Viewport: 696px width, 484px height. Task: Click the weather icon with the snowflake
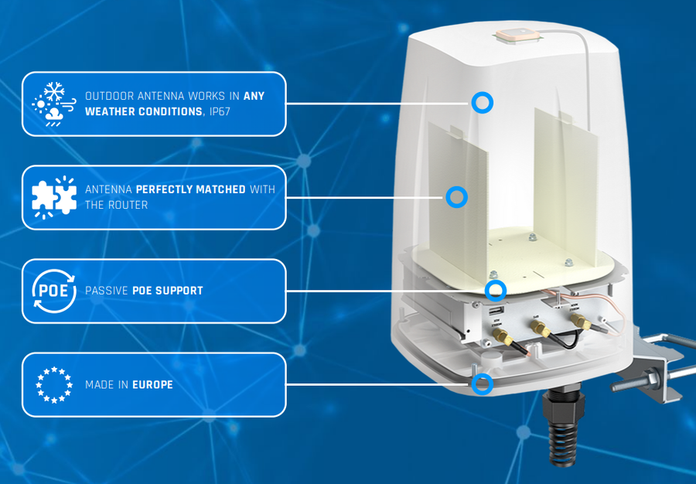pyautogui.click(x=53, y=104)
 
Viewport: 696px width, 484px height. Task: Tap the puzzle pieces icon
pyautogui.click(x=54, y=197)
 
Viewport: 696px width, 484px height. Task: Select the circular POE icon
pyautogui.click(x=54, y=291)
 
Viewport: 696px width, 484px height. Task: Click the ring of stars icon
pyautogui.click(x=54, y=384)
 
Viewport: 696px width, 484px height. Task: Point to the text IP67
pyautogui.click(x=220, y=111)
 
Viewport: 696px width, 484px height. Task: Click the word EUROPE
pyautogui.click(x=152, y=384)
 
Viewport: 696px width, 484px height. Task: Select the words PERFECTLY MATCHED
pyautogui.click(x=190, y=189)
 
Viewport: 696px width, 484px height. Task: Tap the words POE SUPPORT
pyautogui.click(x=168, y=291)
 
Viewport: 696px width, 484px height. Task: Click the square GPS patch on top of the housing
pyautogui.click(x=518, y=35)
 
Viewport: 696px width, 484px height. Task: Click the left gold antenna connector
pyautogui.click(x=502, y=337)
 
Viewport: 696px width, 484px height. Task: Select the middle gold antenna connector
pyautogui.click(x=539, y=329)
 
